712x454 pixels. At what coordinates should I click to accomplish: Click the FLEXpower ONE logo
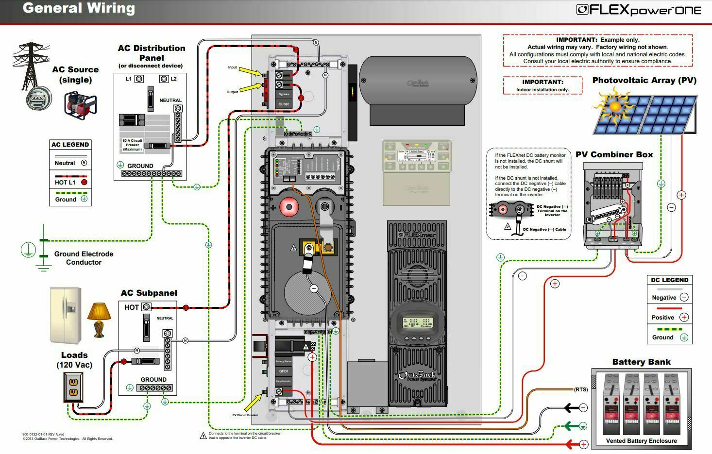pyautogui.click(x=639, y=10)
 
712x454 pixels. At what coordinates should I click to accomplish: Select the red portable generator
pyautogui.click(x=80, y=103)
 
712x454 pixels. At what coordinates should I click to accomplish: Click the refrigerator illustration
pyautogui.click(x=66, y=315)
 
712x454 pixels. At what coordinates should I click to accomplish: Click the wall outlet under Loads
pyautogui.click(x=73, y=387)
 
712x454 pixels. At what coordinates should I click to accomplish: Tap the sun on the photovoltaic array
pyautogui.click(x=614, y=106)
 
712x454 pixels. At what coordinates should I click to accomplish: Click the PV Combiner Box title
pyautogui.click(x=614, y=154)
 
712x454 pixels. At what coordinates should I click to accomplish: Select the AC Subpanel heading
pyautogui.click(x=149, y=293)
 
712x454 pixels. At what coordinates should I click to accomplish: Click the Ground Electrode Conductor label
pyautogui.click(x=84, y=258)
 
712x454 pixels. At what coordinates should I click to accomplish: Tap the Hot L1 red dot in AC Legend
pyautogui.click(x=84, y=183)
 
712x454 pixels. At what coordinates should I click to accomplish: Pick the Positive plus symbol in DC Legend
pyautogui.click(x=684, y=318)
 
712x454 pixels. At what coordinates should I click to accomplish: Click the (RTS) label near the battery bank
pyautogui.click(x=580, y=389)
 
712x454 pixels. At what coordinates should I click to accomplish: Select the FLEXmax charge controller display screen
pyautogui.click(x=417, y=323)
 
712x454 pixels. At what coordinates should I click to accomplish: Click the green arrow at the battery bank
pyautogui.click(x=571, y=426)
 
